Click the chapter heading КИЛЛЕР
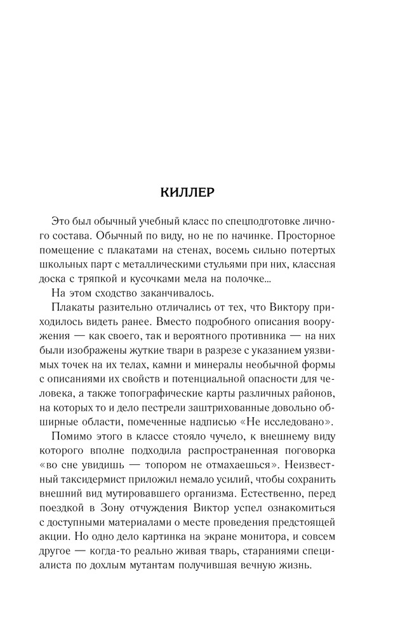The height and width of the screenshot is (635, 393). point(196,192)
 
